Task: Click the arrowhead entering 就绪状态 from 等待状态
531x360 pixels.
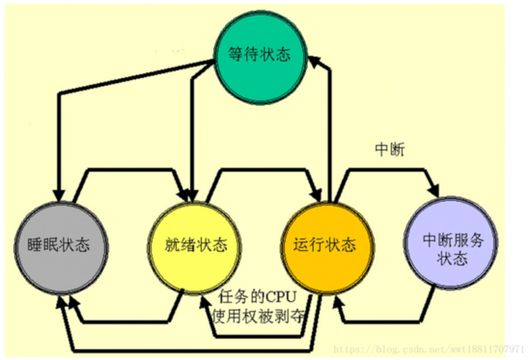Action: [x=190, y=192]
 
